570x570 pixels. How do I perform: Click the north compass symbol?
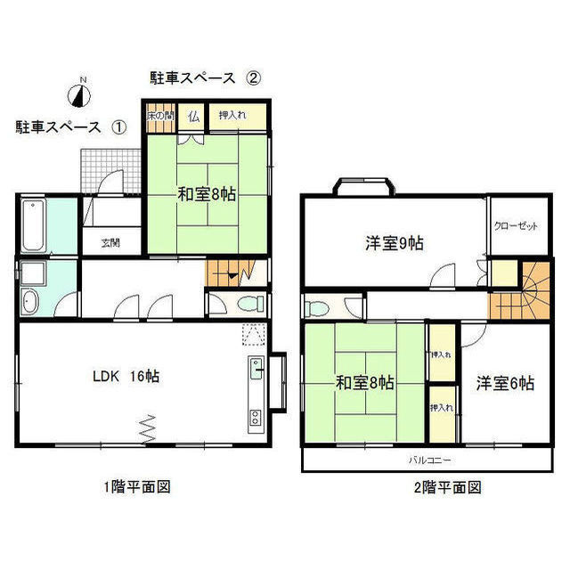pos(80,91)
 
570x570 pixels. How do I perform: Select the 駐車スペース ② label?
pos(205,77)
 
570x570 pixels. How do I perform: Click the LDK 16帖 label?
pos(124,377)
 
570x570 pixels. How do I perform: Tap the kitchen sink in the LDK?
pos(255,367)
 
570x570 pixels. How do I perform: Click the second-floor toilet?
pos(314,308)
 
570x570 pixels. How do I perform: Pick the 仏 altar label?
pos(193,116)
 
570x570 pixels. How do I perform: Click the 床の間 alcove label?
pos(160,116)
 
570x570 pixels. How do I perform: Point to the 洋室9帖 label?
pos(393,242)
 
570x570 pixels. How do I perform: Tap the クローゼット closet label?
pos(517,226)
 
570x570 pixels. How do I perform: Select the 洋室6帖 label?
pos(504,384)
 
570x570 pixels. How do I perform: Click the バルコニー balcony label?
pos(430,460)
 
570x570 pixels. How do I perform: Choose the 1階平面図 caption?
pos(135,487)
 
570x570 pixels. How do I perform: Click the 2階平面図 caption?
pos(447,487)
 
